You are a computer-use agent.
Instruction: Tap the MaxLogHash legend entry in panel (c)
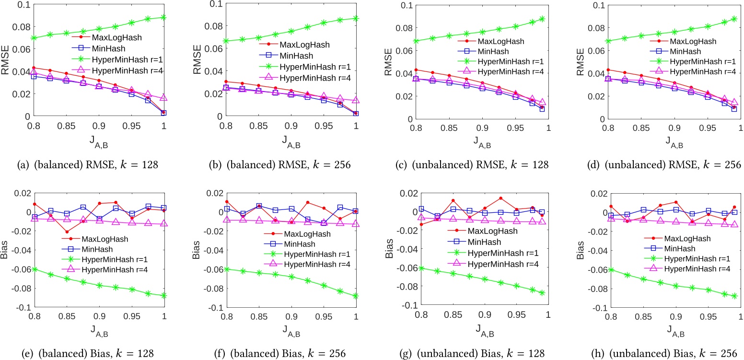500,42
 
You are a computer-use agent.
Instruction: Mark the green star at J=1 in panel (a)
163,17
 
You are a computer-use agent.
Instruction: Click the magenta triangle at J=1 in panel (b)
356,100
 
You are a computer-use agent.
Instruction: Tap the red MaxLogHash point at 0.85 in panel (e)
67,232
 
